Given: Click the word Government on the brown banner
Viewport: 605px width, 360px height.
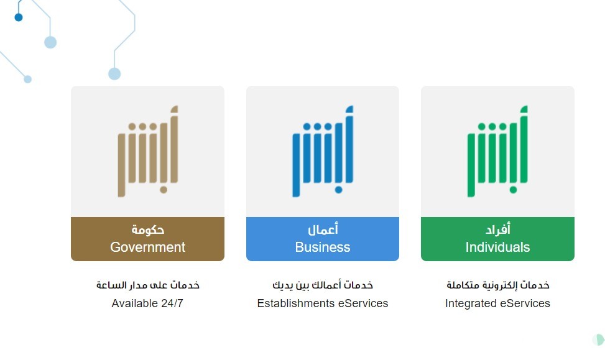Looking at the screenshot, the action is [x=148, y=247].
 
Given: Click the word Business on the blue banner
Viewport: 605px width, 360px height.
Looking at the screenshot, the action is [x=323, y=247].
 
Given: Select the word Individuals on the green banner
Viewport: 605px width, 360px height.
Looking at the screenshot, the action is [x=497, y=247].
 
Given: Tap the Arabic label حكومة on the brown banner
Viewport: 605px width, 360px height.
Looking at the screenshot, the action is [x=148, y=229].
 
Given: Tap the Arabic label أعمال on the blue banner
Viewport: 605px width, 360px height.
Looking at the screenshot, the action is [x=323, y=229].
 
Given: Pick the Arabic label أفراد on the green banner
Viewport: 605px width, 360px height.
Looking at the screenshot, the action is [x=497, y=229].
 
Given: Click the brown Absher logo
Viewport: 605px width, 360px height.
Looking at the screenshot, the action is [x=148, y=151].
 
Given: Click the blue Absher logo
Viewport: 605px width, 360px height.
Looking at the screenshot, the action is [x=323, y=151].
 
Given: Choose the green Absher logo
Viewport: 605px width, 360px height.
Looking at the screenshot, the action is [x=497, y=151].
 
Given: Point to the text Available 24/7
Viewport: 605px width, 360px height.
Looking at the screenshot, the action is [x=147, y=303].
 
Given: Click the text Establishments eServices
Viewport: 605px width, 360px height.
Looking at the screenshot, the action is [x=323, y=303].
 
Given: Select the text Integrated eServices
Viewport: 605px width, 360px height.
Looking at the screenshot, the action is [x=497, y=303].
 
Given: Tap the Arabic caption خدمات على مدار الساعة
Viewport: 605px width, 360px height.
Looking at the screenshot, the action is [x=148, y=285].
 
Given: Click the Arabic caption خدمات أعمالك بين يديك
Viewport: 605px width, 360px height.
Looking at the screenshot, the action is [x=323, y=285].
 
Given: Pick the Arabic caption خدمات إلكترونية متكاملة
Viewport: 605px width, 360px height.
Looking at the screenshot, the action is [x=497, y=285].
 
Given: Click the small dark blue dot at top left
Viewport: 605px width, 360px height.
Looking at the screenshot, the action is [x=19, y=17].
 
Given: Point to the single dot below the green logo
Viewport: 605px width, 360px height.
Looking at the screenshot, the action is [x=513, y=190].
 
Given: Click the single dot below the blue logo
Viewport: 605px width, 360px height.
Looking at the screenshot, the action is [x=338, y=190].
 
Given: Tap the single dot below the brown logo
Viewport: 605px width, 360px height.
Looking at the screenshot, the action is [x=164, y=190].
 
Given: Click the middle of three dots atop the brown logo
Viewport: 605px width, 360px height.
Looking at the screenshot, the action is [x=142, y=127].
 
